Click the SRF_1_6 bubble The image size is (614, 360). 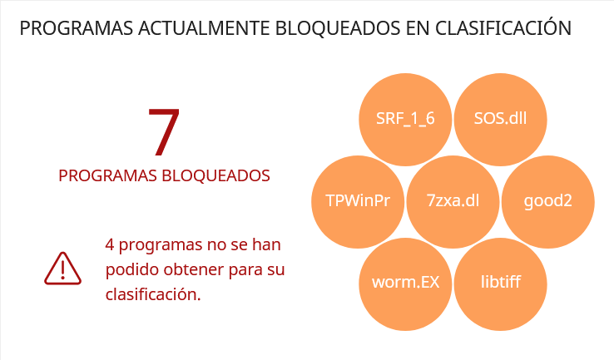click(x=405, y=120)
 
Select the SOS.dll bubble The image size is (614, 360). click(x=501, y=120)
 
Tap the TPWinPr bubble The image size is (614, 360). click(x=358, y=202)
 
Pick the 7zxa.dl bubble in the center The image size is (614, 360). click(x=453, y=202)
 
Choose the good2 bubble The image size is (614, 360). click(x=548, y=202)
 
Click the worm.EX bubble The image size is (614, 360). click(x=405, y=284)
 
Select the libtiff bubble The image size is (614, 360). click(x=501, y=284)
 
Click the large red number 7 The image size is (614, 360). click(x=164, y=132)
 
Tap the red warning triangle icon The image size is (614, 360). click(x=62, y=269)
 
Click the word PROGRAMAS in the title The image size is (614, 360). click(x=77, y=28)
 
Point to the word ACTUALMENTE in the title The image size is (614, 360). click(x=204, y=28)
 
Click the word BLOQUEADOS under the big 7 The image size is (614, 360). click(x=215, y=176)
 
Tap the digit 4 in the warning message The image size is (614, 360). click(x=110, y=245)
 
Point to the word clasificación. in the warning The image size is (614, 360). click(x=153, y=294)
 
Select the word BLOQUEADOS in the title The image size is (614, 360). click(x=338, y=29)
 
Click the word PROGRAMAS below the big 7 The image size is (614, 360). click(x=107, y=176)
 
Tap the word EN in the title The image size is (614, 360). click(x=418, y=28)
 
